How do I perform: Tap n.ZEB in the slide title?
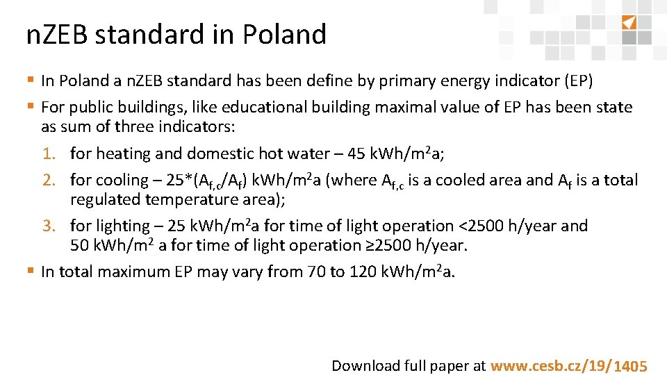[57, 34]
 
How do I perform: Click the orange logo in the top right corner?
[629, 22]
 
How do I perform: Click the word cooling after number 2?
[122, 181]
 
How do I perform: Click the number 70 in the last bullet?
[315, 272]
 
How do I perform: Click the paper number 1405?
[631, 367]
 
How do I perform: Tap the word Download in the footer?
[366, 366]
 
